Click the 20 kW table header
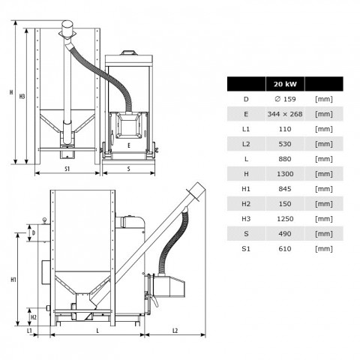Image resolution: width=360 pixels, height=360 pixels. pos(285,84)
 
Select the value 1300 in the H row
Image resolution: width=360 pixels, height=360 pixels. pos(285,174)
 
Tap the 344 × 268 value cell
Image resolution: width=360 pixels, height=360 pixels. pos(285,114)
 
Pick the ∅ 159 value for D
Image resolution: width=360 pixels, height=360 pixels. pos(285,99)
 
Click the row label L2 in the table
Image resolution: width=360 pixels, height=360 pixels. pos(246,144)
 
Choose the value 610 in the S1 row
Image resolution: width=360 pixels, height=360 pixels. pos(285,249)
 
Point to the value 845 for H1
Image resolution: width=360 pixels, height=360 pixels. pos(285,189)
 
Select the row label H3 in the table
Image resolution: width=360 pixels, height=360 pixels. pos(246,219)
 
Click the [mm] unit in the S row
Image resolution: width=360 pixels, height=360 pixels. pos(324,234)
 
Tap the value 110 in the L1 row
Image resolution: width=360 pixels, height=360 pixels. pos(285,129)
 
